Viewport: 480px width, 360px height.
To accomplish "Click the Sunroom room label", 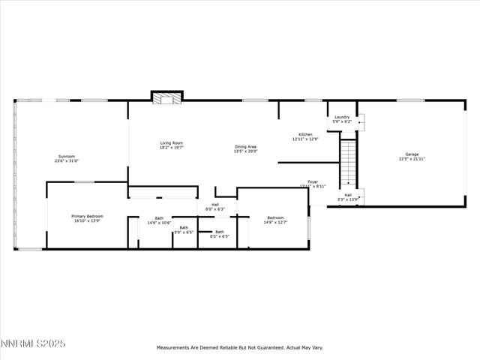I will click(x=66, y=156).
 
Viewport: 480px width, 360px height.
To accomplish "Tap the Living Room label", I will click(x=171, y=142).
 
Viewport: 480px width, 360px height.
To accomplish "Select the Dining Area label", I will click(x=246, y=146).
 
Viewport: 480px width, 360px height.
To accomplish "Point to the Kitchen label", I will click(x=304, y=134).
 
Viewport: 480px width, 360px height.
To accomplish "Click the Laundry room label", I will click(x=342, y=117).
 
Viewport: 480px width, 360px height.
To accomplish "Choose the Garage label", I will click(x=412, y=154).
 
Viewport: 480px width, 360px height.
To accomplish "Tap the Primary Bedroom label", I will click(x=87, y=216).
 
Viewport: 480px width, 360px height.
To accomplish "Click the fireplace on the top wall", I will click(x=166, y=97).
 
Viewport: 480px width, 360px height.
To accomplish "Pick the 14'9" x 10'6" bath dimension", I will click(x=159, y=223).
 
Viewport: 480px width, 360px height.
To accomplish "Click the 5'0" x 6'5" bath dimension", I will click(x=184, y=232).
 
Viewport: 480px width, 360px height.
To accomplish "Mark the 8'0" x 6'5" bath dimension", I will click(x=219, y=236).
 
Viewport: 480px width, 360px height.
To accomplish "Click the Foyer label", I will click(x=313, y=181).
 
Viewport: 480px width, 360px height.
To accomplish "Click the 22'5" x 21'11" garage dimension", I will click(x=412, y=159).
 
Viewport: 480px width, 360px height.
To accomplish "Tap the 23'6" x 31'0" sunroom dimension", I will click(x=66, y=161).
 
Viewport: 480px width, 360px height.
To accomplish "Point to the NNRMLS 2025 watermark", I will click(x=34, y=343).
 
